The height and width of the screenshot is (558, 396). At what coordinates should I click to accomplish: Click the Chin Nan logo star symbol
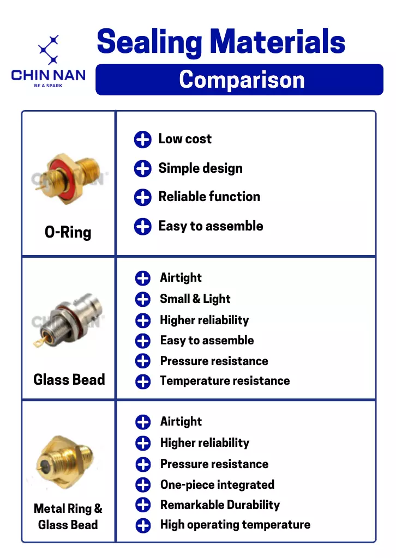49,50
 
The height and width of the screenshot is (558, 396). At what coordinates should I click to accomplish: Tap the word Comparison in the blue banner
242,80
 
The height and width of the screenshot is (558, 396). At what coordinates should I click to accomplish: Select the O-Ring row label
68,232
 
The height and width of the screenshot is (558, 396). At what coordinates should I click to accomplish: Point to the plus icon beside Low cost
143,139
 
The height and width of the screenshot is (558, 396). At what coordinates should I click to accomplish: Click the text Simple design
201,168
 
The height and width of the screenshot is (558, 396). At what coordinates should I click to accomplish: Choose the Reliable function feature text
209,196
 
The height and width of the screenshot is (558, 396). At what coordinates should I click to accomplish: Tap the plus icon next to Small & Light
143,299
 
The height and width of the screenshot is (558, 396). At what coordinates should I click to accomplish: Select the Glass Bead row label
69,379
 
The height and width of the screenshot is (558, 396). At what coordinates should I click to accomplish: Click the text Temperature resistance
225,381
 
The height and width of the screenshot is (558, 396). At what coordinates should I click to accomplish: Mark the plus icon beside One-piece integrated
143,484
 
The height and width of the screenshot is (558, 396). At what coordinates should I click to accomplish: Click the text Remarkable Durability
220,505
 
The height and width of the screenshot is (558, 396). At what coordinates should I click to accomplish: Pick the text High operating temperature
236,525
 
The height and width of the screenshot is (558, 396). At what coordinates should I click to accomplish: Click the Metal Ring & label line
68,508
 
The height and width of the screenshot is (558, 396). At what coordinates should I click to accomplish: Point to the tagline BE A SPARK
48,86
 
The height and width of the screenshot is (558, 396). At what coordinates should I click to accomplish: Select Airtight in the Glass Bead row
181,277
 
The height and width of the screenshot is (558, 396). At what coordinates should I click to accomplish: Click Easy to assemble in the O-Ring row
211,226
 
